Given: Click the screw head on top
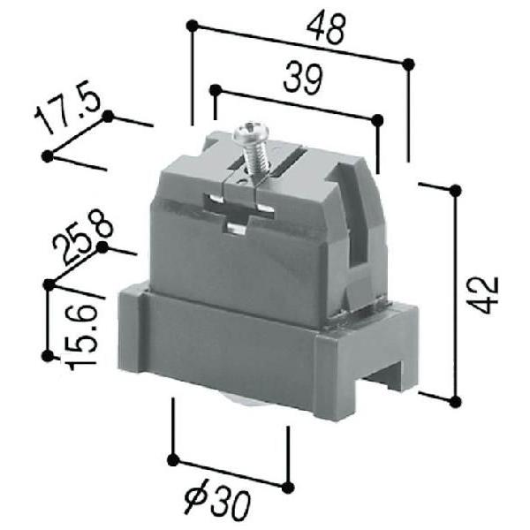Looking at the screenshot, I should click(248, 135).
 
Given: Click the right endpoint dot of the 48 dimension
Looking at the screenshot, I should click(408, 63).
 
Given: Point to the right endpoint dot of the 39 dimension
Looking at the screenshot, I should click(378, 118).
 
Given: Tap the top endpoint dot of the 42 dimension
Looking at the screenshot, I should click(455, 190).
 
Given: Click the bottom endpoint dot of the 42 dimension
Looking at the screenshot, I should click(455, 402).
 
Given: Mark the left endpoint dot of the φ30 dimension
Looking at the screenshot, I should click(174, 459).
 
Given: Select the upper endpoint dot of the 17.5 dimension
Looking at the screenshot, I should click(108, 116).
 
